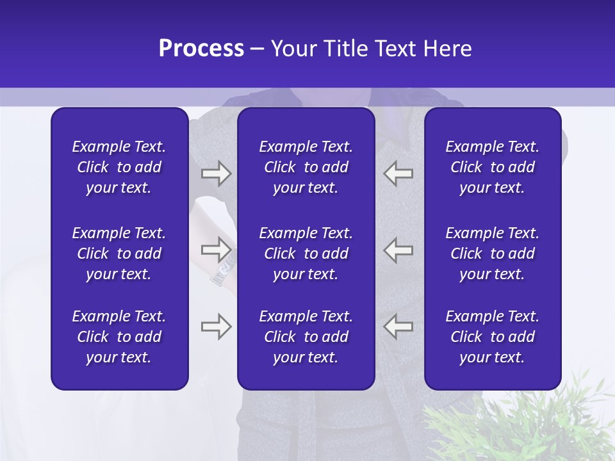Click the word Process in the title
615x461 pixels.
[201, 49]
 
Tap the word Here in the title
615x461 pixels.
[447, 49]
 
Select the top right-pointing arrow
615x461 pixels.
[216, 174]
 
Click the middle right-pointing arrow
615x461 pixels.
[216, 248]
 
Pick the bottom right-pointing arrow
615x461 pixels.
[216, 327]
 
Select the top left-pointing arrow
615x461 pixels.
[398, 174]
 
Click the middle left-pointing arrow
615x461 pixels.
[398, 248]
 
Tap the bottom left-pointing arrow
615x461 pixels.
[398, 327]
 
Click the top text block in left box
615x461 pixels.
[119, 167]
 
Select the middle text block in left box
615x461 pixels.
[119, 254]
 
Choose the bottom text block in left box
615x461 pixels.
[119, 337]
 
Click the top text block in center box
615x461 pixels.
[306, 167]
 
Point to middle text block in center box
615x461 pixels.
[306, 254]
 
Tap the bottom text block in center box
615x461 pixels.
[306, 337]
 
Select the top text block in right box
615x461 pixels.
[492, 167]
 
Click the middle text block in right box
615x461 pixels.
[492, 254]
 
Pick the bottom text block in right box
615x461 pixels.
[492, 337]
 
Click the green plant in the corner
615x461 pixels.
[532, 426]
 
